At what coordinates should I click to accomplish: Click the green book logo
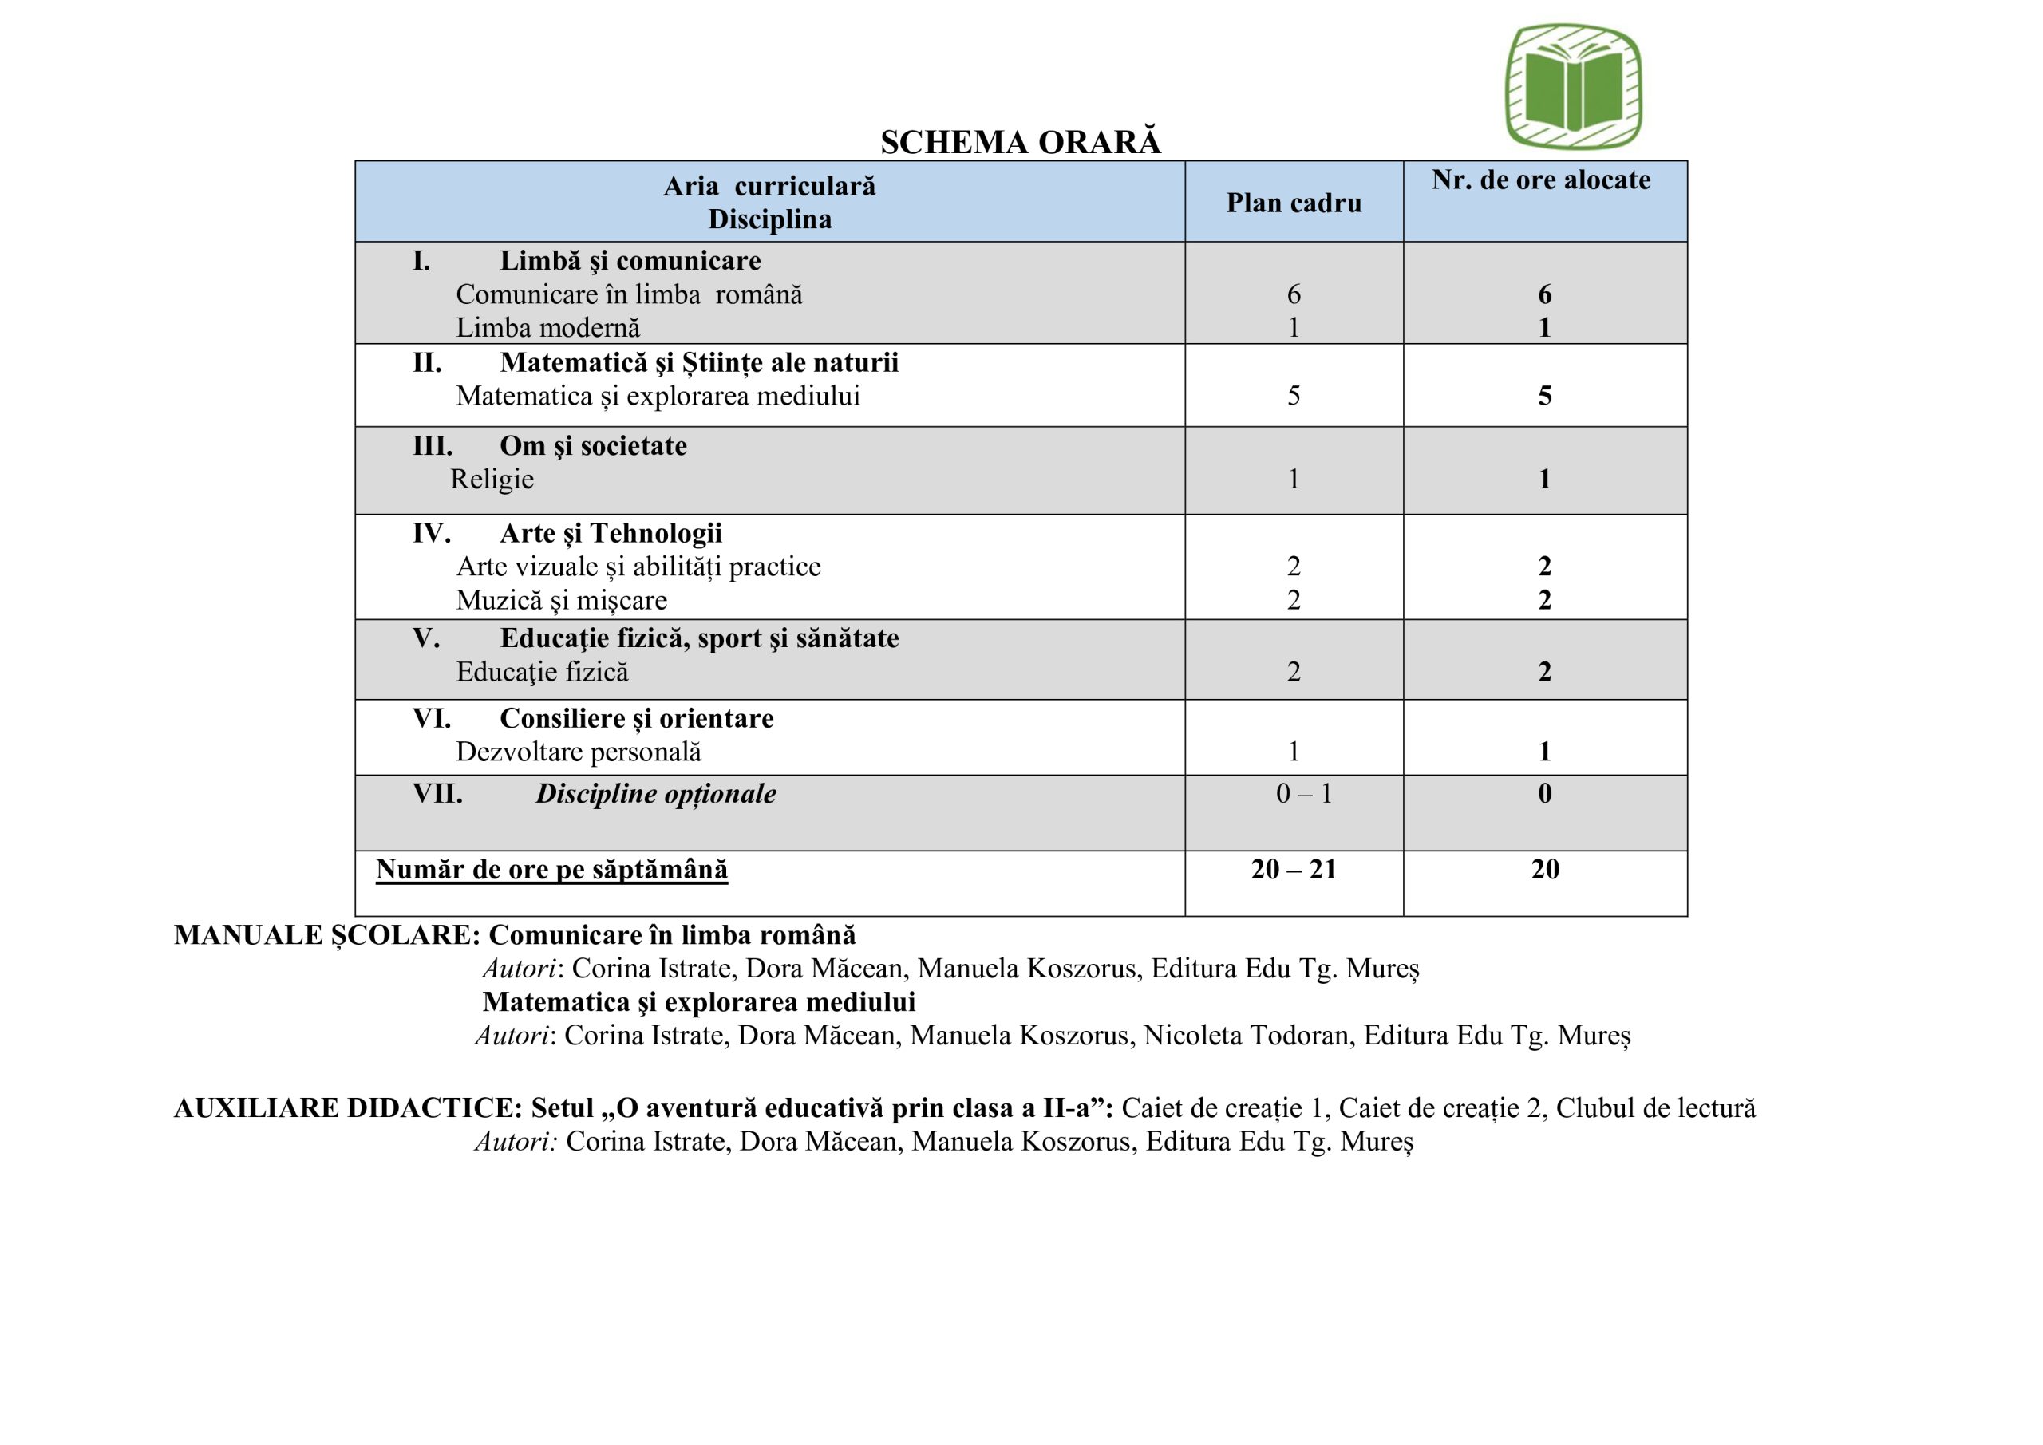coord(1572,86)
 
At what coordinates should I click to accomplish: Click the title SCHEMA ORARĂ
coord(1020,142)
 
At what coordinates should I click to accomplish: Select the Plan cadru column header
coord(1293,203)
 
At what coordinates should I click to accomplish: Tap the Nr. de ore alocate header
coord(1540,180)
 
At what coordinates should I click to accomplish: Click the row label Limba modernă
coord(547,328)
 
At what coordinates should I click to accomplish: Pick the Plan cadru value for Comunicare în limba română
coord(1293,294)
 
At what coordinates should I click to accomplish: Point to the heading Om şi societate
coord(593,446)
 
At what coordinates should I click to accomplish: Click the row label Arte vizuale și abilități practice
coord(638,567)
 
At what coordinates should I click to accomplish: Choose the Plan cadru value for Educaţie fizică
coord(1293,672)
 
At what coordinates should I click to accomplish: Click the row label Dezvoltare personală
coord(579,752)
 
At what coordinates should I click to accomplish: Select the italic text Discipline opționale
coord(655,794)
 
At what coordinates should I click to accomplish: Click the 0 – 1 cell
coord(1303,794)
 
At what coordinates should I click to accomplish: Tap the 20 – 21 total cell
coord(1293,869)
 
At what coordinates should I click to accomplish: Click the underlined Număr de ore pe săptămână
coord(551,869)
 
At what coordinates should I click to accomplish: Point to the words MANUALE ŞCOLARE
coord(326,935)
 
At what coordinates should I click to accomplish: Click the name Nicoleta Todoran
coord(1246,1036)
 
